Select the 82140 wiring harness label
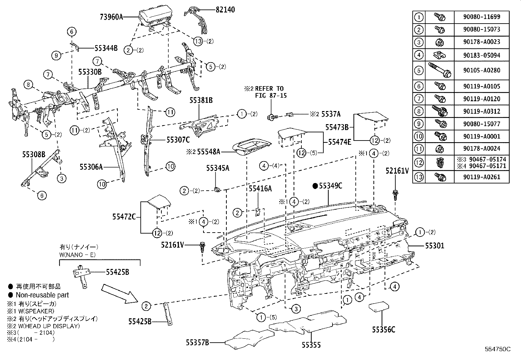(x=225, y=10)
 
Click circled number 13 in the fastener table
(x=419, y=177)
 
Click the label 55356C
(x=383, y=330)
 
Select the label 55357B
(x=197, y=343)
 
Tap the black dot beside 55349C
(x=315, y=186)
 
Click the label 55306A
(x=91, y=167)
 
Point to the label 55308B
(x=34, y=154)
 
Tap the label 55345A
(x=218, y=168)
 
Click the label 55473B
(x=337, y=127)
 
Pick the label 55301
(x=435, y=245)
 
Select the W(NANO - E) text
(x=78, y=255)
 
